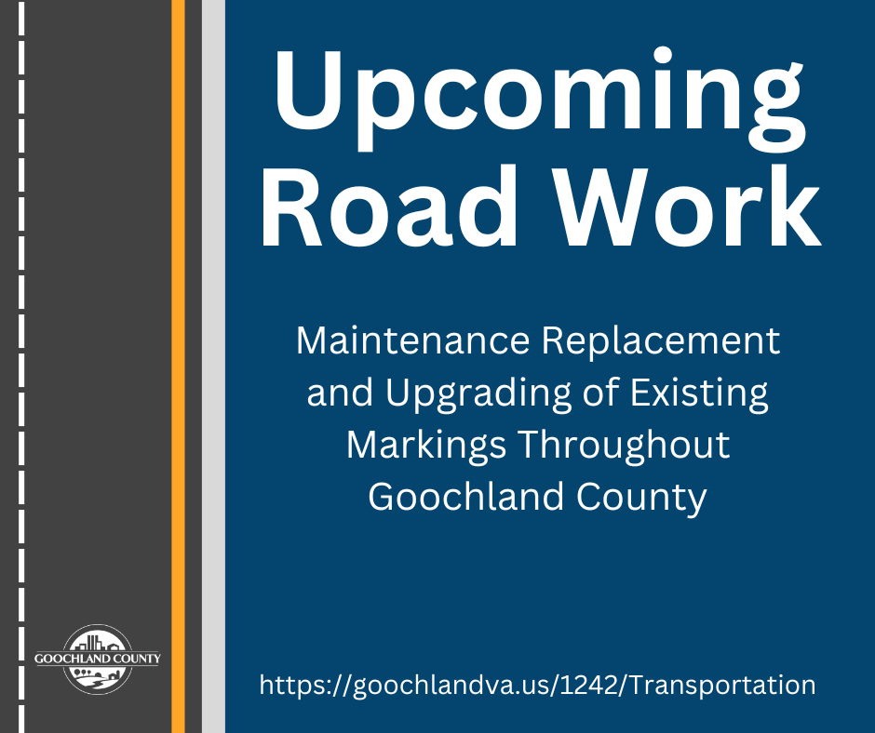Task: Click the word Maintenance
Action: point(412,341)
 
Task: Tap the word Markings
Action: point(427,446)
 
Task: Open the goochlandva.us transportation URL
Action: point(537,686)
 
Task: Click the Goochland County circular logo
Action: point(97,659)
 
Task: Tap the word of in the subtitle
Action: point(599,393)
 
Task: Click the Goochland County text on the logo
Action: point(97,659)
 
